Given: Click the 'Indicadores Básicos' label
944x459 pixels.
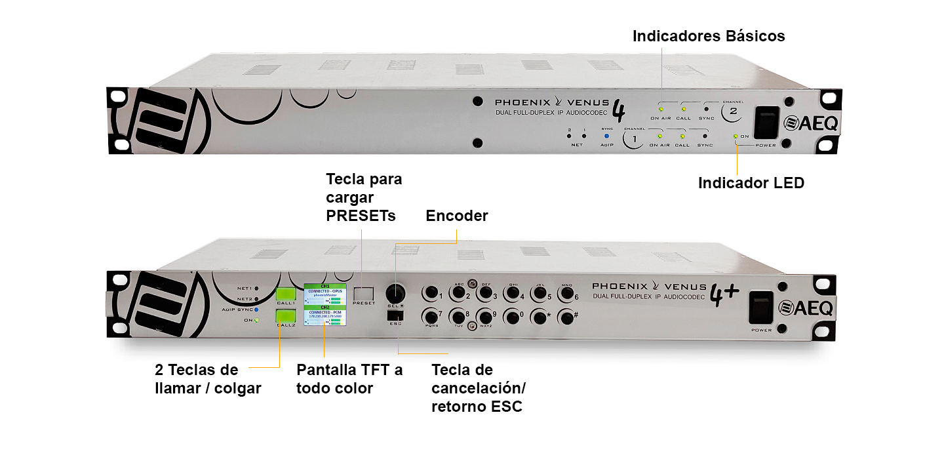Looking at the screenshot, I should (709, 36).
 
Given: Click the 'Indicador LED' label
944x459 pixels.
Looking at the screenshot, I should (751, 183).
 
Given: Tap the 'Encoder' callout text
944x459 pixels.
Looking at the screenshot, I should (456, 216).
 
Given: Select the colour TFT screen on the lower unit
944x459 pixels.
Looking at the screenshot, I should (324, 304).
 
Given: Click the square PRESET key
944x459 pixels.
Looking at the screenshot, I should (364, 294).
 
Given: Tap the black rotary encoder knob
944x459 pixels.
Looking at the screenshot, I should (395, 291).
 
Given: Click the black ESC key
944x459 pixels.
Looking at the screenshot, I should (395, 315).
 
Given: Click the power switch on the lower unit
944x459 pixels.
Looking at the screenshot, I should (762, 307).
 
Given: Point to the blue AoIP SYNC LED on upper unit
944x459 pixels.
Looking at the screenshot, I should (606, 137).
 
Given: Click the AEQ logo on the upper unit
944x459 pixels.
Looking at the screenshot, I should (812, 123).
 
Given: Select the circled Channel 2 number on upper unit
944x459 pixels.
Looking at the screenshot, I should (732, 112).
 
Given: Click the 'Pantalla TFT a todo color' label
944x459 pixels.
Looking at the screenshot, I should (349, 378).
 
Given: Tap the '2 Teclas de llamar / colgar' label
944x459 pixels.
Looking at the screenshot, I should (208, 378).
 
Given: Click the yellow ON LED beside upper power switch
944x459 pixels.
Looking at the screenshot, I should (737, 136).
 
